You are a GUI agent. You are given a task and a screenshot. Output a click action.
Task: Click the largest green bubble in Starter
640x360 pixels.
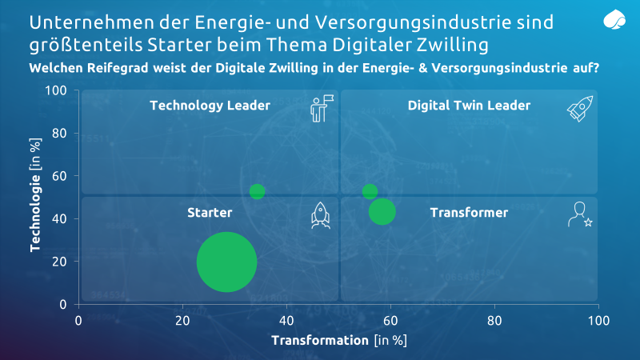(x=226, y=262)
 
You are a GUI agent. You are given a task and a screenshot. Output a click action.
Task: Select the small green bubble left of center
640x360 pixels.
(x=257, y=191)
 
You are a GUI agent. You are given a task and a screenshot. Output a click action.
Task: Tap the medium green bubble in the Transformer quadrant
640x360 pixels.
(x=382, y=211)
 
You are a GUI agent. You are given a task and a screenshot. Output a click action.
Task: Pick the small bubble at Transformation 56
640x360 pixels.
(x=370, y=191)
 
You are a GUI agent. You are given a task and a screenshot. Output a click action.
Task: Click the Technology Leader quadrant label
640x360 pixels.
(x=210, y=105)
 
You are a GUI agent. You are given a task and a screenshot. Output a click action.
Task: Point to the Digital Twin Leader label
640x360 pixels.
(x=469, y=105)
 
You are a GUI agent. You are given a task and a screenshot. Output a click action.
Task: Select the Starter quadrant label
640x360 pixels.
(x=210, y=212)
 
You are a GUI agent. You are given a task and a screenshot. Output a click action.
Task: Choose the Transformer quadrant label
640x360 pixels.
(x=469, y=212)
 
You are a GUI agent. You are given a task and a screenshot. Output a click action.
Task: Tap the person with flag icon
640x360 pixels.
(x=320, y=110)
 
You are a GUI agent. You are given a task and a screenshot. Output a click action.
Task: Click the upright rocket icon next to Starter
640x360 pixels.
(x=320, y=215)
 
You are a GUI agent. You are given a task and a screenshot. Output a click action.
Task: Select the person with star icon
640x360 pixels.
(x=578, y=214)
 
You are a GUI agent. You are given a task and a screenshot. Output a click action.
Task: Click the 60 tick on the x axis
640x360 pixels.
(x=390, y=320)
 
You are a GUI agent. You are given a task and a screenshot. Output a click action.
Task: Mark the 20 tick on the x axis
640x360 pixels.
(x=182, y=320)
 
